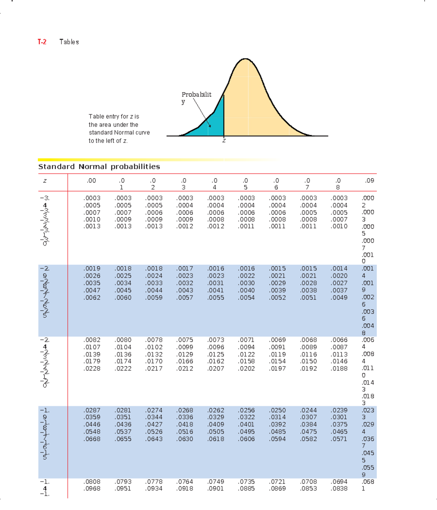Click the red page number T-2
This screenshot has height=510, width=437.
pos(42,42)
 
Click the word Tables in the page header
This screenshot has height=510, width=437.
pos(69,42)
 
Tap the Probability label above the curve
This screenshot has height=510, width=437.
pos(196,95)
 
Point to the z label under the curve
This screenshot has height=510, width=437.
pos(224,141)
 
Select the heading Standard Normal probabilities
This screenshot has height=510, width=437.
pos(99,167)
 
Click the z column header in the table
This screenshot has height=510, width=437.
pos(44,181)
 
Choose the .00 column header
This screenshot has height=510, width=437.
pos(91,181)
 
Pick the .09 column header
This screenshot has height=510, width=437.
pos(370,181)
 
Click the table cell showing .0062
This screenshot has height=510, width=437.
pos(92,298)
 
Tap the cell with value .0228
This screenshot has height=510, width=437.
pos(92,369)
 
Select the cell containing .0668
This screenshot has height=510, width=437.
pos(92,439)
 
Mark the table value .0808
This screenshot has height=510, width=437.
pos(92,482)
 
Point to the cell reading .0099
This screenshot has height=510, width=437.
pos(185,347)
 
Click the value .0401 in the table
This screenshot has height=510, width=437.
pos(247,424)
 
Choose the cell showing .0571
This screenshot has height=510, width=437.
pos(339,439)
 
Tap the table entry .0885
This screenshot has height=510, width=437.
pos(247,489)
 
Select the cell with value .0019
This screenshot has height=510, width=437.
pos(92,268)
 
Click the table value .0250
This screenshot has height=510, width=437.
pos(277,410)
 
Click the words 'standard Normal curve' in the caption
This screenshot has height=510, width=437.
pos(119,133)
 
